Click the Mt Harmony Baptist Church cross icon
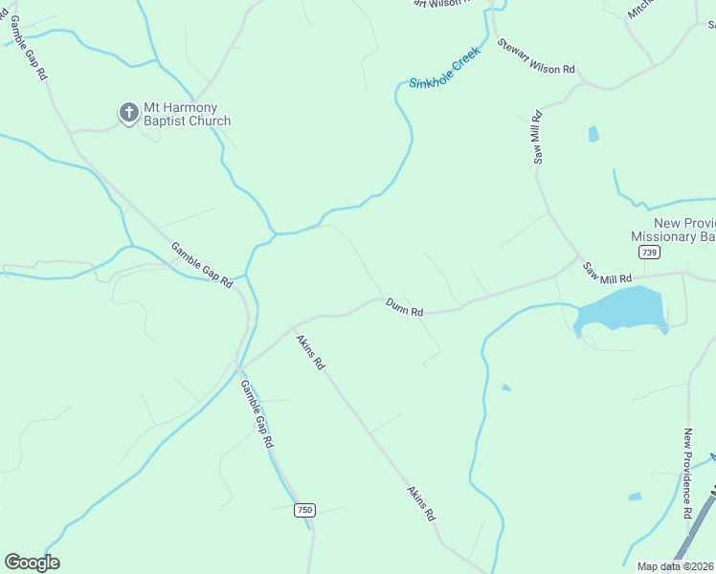[128, 113]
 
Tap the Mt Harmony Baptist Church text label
[188, 114]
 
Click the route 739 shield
[650, 252]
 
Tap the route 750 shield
[304, 511]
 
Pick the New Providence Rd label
[688, 474]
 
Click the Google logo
[32, 563]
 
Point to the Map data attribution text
[675, 566]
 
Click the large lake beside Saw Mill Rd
[622, 309]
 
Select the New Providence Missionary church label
[673, 230]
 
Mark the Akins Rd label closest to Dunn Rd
[310, 352]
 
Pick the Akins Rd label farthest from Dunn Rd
[422, 502]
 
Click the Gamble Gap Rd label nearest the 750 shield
[257, 415]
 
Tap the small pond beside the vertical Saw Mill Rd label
[593, 134]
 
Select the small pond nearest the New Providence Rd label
[634, 497]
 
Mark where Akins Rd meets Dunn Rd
[292, 327]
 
